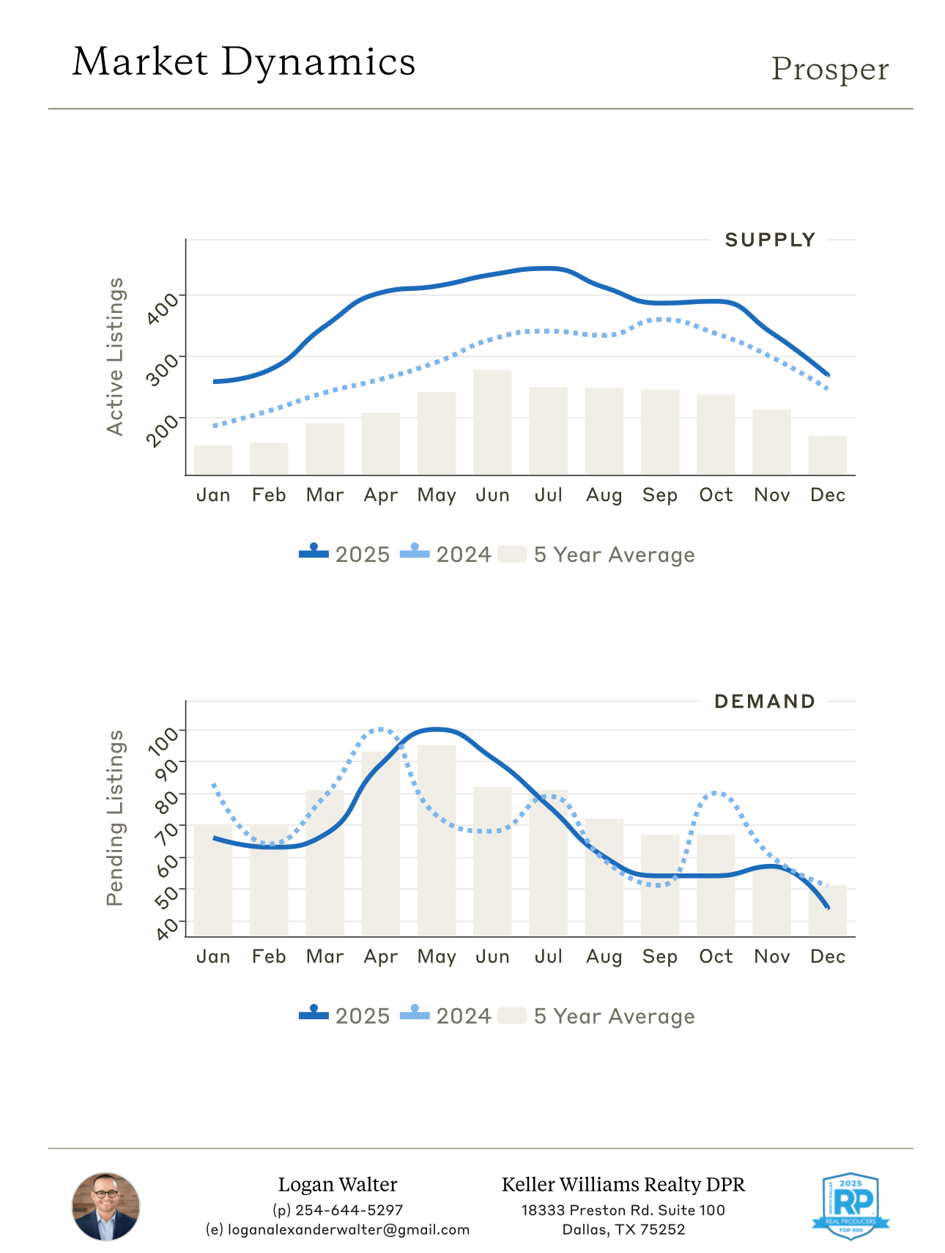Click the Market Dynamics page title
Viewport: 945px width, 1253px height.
click(244, 62)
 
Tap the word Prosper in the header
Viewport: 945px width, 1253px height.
click(829, 70)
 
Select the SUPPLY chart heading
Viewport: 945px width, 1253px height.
click(770, 240)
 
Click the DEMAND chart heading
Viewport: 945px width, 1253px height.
click(765, 702)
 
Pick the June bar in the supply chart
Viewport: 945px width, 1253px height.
click(492, 422)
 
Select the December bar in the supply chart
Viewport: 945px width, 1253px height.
click(827, 455)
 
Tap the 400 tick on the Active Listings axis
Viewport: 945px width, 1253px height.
click(162, 308)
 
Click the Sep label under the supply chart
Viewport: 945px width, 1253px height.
click(659, 495)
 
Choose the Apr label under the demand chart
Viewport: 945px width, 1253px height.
click(381, 957)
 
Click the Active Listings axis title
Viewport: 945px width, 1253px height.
click(115, 357)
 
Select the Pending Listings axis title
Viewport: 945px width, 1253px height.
click(115, 818)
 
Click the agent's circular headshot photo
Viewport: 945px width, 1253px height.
click(105, 1206)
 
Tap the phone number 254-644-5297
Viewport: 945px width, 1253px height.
click(349, 1210)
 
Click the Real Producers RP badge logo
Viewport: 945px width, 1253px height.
click(850, 1205)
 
